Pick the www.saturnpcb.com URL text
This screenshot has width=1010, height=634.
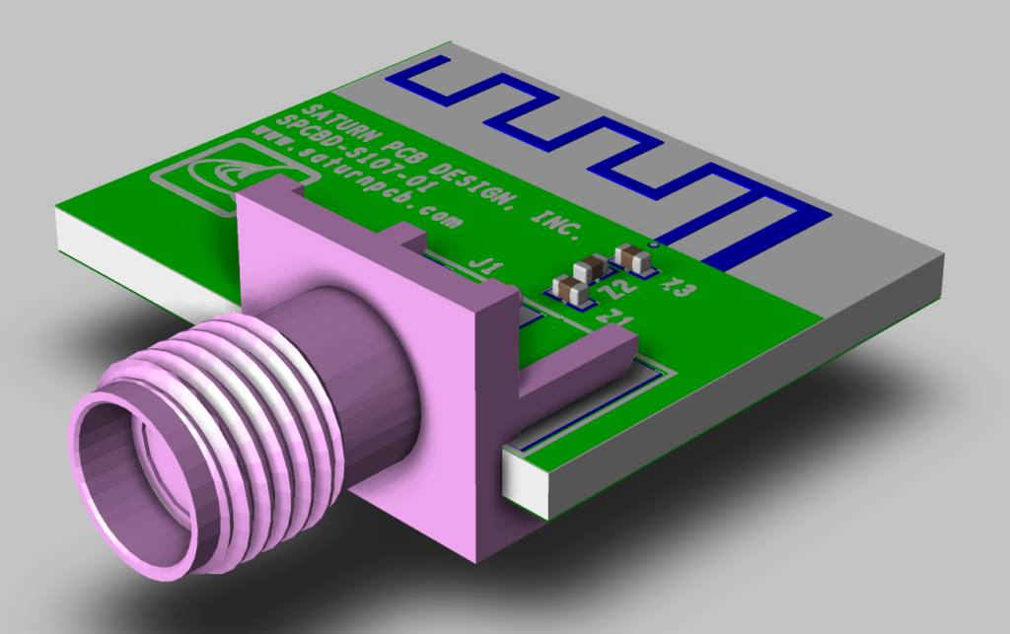point(355,178)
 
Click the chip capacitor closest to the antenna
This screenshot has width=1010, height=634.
point(633,258)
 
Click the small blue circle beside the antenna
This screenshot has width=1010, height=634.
point(651,240)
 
